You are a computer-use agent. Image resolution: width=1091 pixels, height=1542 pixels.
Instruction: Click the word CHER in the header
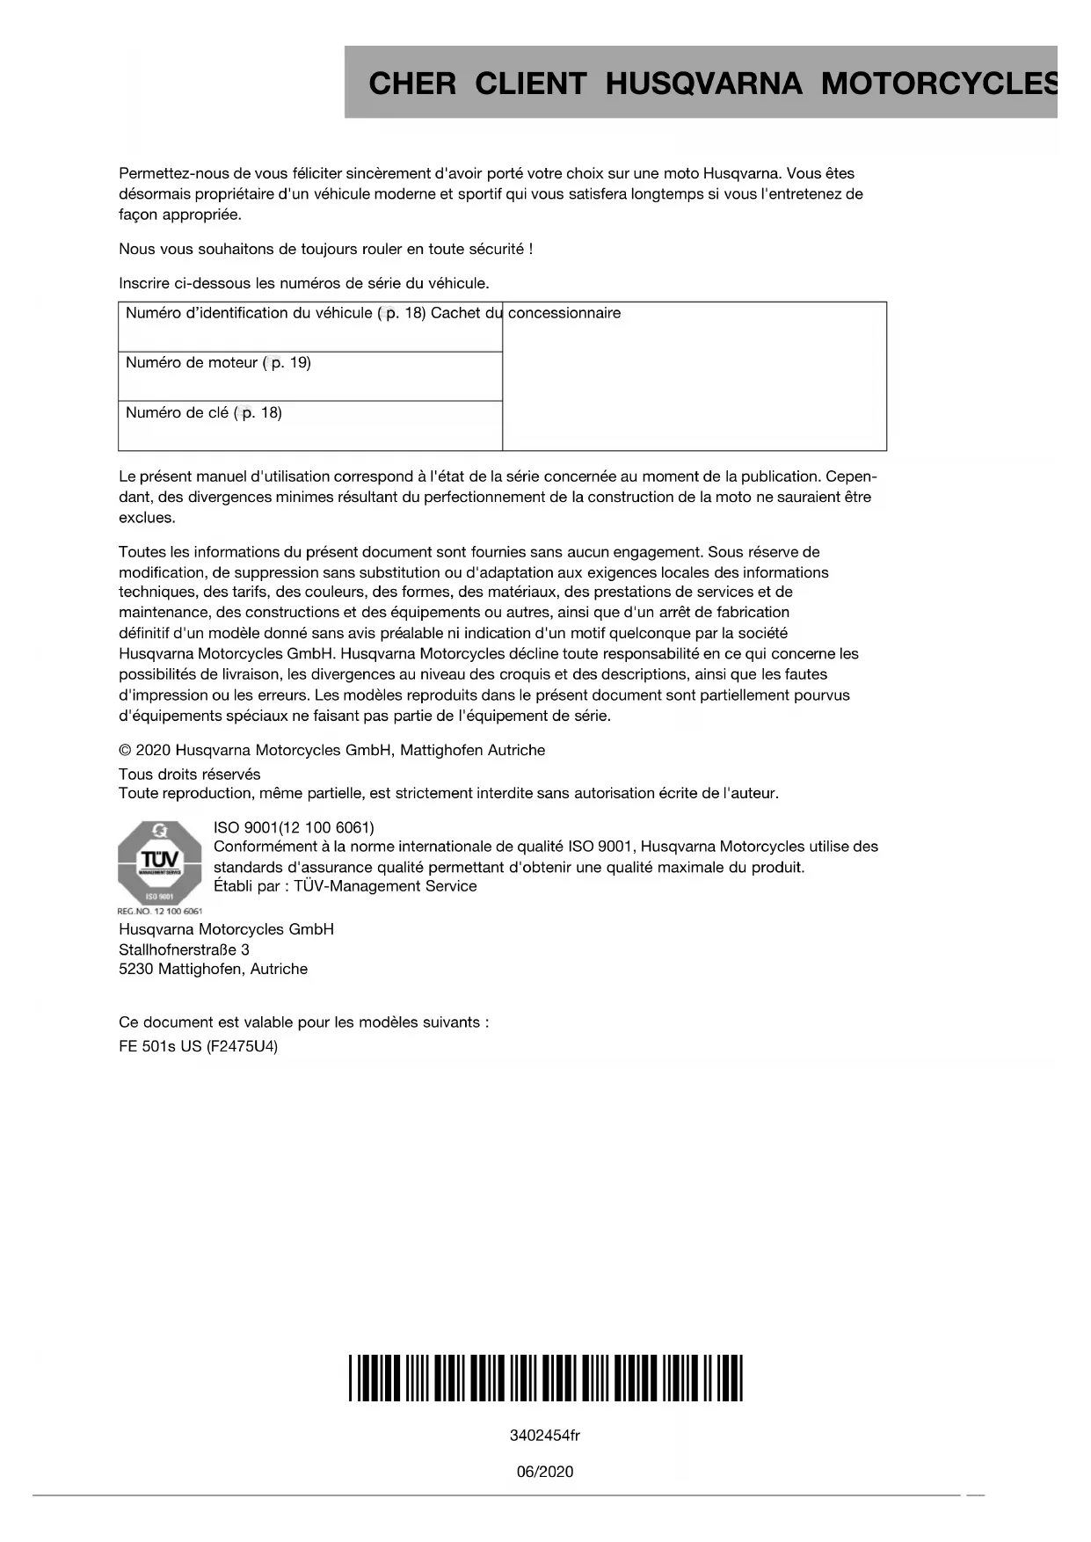[x=412, y=84]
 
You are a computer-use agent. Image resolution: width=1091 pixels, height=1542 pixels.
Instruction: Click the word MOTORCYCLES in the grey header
[x=938, y=84]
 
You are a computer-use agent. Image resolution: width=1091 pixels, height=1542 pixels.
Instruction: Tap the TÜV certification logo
[x=159, y=862]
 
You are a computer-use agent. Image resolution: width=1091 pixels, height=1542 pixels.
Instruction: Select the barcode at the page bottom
[x=545, y=1378]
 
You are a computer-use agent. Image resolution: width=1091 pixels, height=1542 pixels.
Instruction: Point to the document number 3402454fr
[x=545, y=1436]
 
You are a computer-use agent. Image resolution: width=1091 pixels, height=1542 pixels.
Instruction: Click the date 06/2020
[x=545, y=1472]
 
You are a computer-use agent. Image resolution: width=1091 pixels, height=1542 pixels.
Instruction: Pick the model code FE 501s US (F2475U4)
[x=198, y=1046]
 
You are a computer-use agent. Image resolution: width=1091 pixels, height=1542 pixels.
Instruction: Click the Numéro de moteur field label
[x=192, y=362]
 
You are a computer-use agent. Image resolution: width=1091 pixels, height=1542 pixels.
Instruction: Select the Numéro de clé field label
[x=177, y=412]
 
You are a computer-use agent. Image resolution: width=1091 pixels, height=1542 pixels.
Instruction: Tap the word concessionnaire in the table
[x=564, y=313]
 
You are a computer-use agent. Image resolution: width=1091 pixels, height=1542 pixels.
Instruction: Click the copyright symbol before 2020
[x=125, y=750]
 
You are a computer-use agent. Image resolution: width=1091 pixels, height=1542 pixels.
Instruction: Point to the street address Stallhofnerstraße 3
[x=184, y=949]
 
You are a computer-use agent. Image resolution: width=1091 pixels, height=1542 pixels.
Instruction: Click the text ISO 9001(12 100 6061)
[x=294, y=827]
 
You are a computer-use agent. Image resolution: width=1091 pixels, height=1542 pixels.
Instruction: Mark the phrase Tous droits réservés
[x=189, y=774]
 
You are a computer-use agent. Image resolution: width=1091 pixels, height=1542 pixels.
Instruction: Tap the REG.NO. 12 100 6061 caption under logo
[x=159, y=911]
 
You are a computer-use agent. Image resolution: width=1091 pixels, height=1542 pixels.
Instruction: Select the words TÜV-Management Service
[x=385, y=886]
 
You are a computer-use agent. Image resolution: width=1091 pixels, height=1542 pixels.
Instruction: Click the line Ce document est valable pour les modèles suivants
[x=303, y=1022]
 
